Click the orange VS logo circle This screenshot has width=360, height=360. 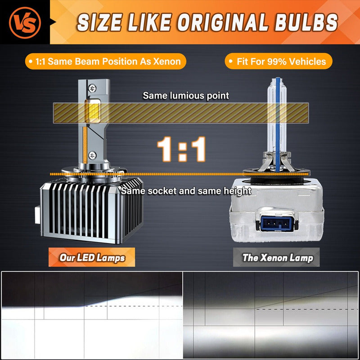(25, 22)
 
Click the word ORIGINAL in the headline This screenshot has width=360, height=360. (223, 22)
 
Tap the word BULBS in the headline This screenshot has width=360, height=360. (306, 22)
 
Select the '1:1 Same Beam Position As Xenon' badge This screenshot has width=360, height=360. (106, 61)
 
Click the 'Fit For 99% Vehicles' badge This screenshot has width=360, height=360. (279, 61)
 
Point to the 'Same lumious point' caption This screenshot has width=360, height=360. (186, 95)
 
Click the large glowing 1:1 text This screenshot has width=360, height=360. (181, 149)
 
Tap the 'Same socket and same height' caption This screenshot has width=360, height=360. (186, 191)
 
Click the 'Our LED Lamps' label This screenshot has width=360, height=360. (92, 257)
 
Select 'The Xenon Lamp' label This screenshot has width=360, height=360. (276, 257)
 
